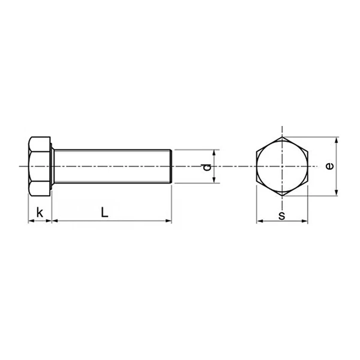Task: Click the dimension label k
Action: (40, 212)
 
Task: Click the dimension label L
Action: (104, 212)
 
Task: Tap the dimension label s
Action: (281, 214)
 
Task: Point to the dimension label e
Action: (329, 166)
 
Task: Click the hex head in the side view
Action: (40, 166)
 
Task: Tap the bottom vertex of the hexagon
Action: (282, 195)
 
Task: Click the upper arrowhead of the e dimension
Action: (336, 140)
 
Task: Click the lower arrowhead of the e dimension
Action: (336, 191)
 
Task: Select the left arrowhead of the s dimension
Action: (260, 221)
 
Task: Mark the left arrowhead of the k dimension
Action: (31, 221)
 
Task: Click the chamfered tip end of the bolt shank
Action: (172, 166)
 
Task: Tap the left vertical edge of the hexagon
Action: (257, 166)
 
